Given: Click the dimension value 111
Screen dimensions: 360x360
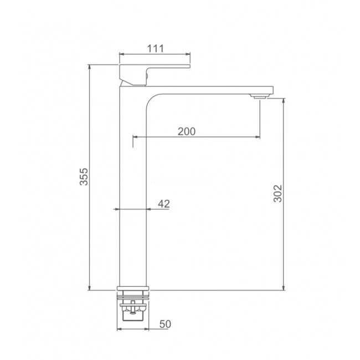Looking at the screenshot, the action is tap(156, 48).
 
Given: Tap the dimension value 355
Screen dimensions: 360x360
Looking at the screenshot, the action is tap(84, 177).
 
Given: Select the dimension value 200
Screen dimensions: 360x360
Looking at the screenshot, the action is tap(187, 131).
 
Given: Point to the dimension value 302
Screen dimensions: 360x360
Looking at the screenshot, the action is tap(277, 193).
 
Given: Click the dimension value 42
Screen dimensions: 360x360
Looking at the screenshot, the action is tap(164, 204).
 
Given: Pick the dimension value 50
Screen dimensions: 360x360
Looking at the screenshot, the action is tap(165, 324).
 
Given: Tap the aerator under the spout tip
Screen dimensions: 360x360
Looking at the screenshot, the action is tap(260, 96).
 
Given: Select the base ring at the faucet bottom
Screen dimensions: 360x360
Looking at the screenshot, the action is tap(133, 289).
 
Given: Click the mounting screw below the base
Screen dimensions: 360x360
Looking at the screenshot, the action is tap(132, 307).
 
